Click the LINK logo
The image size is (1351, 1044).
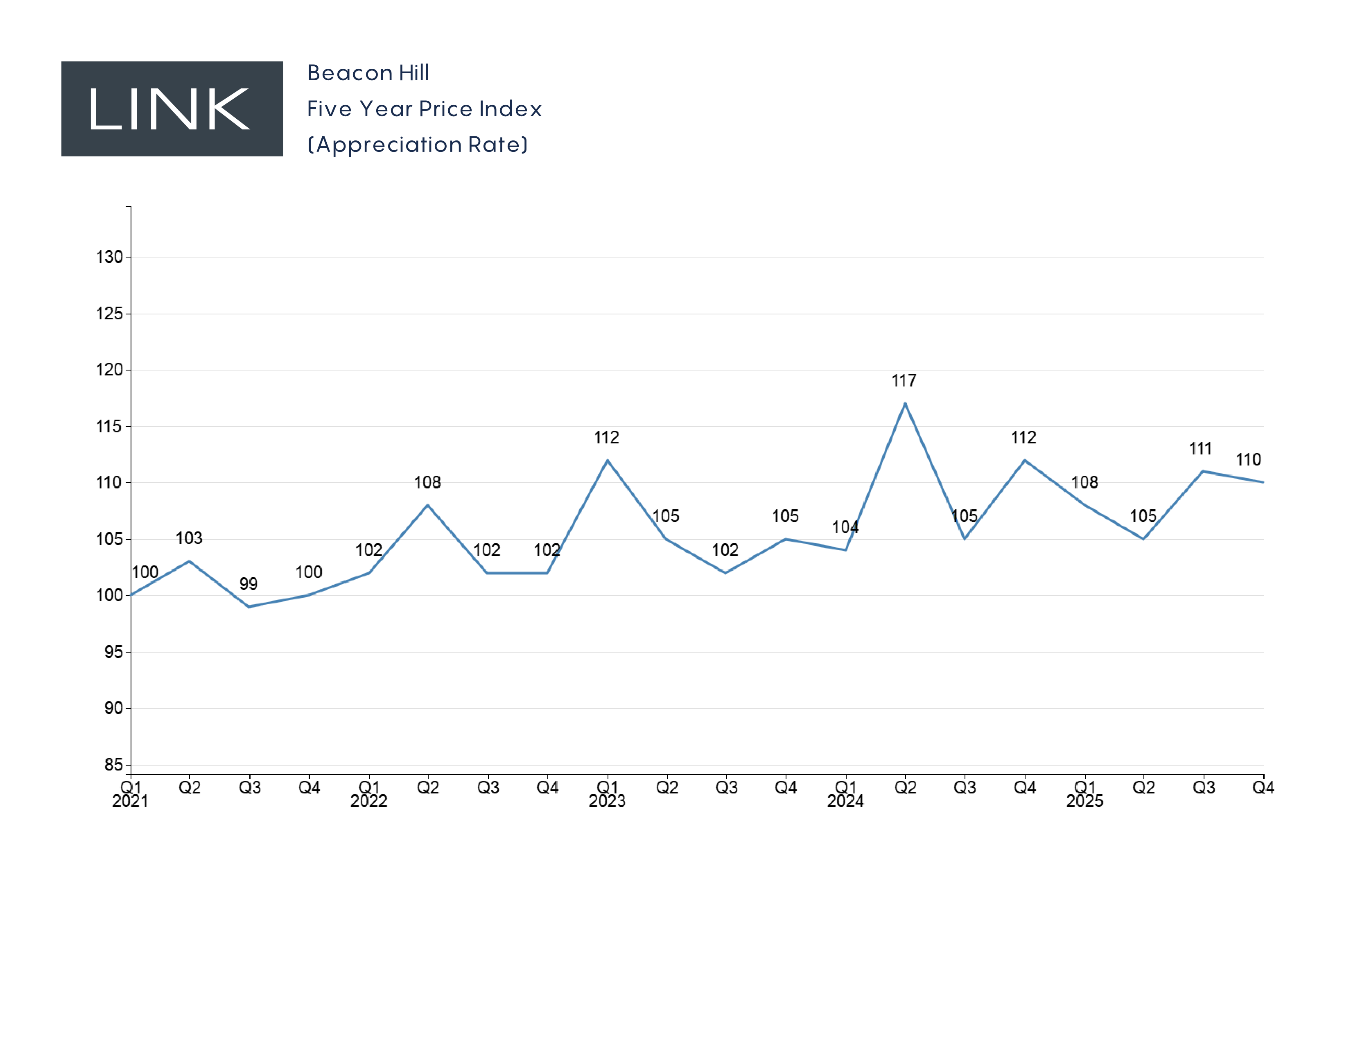172,109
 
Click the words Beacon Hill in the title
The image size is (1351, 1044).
368,73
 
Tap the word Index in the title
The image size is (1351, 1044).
511,109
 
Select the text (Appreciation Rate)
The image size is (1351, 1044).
418,145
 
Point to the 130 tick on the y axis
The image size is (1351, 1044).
109,257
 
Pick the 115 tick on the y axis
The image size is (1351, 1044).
109,426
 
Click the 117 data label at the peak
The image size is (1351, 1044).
904,380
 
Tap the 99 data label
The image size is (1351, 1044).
248,584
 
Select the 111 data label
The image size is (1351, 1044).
1200,448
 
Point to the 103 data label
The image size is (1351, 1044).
189,538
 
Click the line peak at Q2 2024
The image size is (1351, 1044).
905,404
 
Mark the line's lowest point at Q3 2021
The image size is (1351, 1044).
249,607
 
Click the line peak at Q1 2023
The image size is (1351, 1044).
608,460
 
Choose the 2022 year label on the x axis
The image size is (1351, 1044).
369,801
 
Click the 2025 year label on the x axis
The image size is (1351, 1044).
1084,801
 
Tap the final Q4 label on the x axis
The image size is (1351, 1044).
1263,787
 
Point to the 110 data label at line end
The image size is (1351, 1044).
1248,459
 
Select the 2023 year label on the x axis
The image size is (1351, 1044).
607,801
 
